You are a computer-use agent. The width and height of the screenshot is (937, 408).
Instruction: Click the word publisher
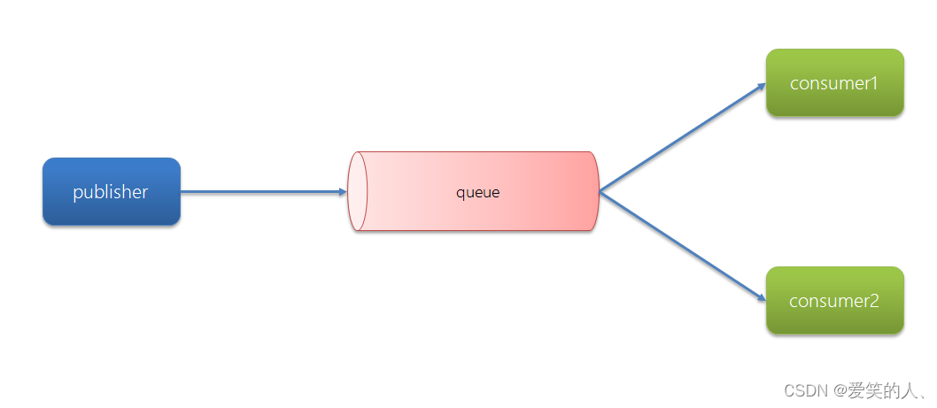pos(111,192)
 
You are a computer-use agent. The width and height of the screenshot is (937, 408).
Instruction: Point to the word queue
pos(478,192)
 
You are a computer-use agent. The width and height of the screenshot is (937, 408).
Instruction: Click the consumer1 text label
pos(834,83)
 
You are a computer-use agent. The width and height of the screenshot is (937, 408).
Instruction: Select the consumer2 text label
pos(834,301)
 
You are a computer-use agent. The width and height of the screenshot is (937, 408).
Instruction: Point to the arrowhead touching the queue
pos(342,191)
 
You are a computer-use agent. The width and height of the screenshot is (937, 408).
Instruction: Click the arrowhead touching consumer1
pos(761,87)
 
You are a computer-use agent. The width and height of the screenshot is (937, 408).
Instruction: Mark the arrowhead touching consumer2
pos(761,298)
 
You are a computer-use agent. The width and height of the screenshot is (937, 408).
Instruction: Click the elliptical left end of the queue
pos(357,191)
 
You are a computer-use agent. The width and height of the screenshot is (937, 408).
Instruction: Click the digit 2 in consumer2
pos(873,301)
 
